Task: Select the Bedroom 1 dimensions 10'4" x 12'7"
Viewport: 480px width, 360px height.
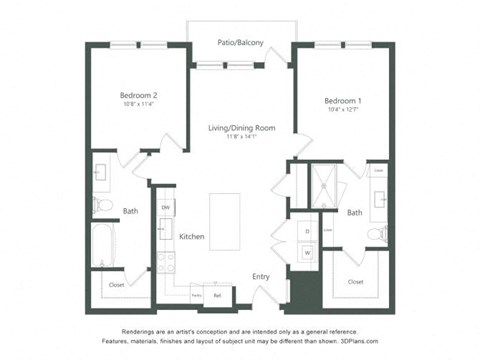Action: pyautogui.click(x=342, y=111)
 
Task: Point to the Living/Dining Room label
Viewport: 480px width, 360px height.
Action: pyautogui.click(x=240, y=128)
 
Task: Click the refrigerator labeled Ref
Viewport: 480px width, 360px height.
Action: pyautogui.click(x=217, y=295)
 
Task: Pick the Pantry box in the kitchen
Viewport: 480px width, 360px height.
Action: pyautogui.click(x=197, y=295)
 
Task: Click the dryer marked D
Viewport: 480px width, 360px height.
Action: pyautogui.click(x=307, y=231)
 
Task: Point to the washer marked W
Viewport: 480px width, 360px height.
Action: pyautogui.click(x=307, y=252)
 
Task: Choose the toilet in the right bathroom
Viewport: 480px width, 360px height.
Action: pyautogui.click(x=375, y=234)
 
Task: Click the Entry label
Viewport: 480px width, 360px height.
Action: pyautogui.click(x=261, y=276)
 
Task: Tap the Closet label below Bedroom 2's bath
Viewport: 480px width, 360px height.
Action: pyautogui.click(x=116, y=285)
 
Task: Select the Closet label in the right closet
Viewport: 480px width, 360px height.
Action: pyautogui.click(x=356, y=282)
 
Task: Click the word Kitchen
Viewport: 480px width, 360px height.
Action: pyautogui.click(x=192, y=236)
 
